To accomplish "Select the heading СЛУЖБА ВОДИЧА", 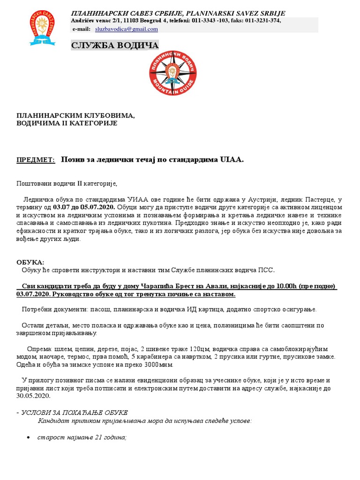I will (x=115, y=45).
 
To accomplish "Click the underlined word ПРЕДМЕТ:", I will (x=36, y=160).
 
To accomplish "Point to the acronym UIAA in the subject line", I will (x=231, y=160).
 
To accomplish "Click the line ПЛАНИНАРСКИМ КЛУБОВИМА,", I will (x=75, y=115).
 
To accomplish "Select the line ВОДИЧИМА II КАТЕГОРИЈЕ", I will (x=67, y=123).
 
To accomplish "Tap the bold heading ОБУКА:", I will (x=30, y=262).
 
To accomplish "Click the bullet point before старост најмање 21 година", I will (x=29, y=437).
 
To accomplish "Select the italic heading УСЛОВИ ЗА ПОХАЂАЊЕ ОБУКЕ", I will (x=74, y=412).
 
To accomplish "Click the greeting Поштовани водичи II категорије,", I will (x=67, y=183).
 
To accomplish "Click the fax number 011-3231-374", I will (x=262, y=20).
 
